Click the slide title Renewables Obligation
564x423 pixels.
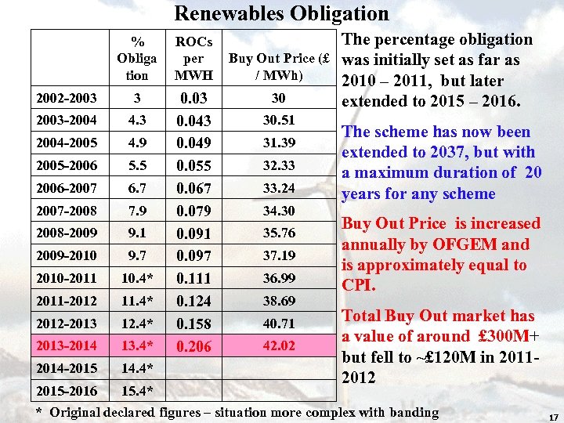coord(281,13)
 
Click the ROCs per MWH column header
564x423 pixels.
coord(189,59)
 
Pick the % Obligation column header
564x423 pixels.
coord(137,59)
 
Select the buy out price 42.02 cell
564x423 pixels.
coord(278,345)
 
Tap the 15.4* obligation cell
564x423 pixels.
coord(137,390)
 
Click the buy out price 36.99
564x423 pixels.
coord(278,278)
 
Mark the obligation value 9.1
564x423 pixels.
coord(137,233)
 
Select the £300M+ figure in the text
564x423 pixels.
coord(508,336)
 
